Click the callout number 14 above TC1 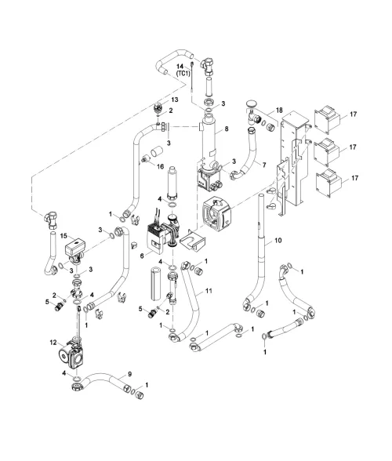coord(180,67)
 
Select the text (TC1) coord(183,74)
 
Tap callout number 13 coord(174,100)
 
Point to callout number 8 coord(226,129)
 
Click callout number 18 coord(279,111)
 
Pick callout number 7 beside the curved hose coord(264,165)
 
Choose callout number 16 coord(160,167)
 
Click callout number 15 coord(64,236)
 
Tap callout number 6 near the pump coord(142,256)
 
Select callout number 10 coord(278,240)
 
